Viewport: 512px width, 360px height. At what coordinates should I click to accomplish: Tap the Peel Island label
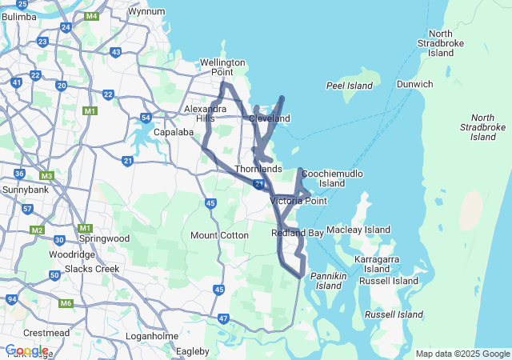350,86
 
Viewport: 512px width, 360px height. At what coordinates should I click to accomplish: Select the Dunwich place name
415,84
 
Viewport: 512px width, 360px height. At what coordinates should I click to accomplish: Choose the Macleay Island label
358,230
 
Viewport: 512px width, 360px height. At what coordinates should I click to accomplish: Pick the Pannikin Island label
330,281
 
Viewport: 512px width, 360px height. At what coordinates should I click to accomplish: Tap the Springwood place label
104,238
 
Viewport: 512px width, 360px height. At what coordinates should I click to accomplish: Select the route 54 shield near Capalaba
146,118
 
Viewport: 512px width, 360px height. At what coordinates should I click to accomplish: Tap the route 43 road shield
115,52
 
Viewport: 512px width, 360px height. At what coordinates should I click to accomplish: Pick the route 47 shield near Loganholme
223,318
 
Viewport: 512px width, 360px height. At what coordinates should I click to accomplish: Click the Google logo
26,350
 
